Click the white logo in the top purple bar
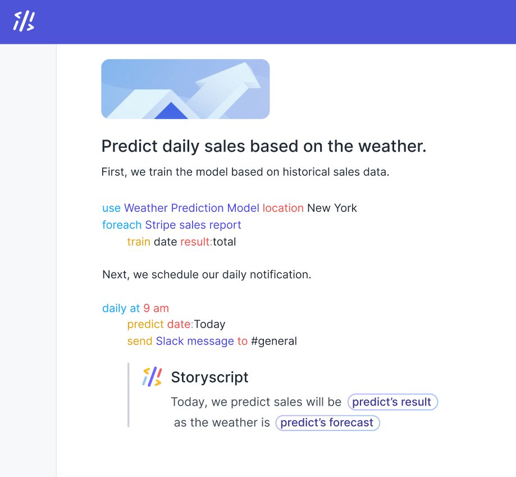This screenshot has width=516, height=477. coord(24,21)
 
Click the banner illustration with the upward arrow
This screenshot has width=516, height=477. coord(185,89)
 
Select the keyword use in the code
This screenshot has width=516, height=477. coord(111,208)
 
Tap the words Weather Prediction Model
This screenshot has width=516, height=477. coord(191,208)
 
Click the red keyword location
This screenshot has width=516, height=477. coord(283,208)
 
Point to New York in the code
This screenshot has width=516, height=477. coord(332,208)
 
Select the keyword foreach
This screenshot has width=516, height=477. coord(122,225)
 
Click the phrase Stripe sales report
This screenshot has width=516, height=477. coord(193,225)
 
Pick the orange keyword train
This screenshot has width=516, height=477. coord(139,242)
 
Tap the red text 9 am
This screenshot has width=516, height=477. coord(156,308)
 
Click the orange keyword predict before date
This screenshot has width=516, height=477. coord(145,324)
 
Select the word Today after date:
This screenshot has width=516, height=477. coord(209,324)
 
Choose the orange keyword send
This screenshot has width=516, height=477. coord(140,341)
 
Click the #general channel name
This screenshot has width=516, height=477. coord(273,341)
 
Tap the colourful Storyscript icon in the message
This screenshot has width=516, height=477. coord(152,376)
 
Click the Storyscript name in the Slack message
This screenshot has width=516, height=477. coord(209,377)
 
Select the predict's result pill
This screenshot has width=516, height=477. coord(392,402)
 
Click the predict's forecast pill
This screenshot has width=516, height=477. coord(327,423)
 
